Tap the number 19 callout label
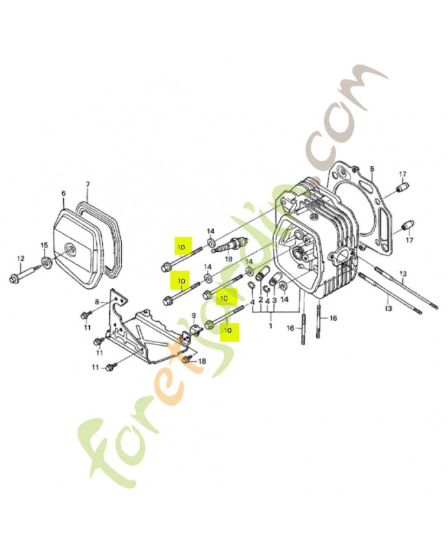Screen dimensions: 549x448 coord(228,260)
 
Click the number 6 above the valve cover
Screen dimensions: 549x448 coord(64,194)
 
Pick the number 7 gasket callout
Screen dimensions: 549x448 coord(87,185)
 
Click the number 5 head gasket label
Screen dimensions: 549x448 coord(371,169)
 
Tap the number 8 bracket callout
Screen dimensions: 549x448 coord(98,302)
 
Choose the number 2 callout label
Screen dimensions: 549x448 coord(260,300)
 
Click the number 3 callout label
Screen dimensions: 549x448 coord(273,301)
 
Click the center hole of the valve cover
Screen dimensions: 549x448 coord(69,247)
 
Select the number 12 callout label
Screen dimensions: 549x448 coord(20,258)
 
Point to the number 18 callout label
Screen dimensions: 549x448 coord(201,361)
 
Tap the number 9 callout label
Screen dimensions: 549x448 coord(194,316)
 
